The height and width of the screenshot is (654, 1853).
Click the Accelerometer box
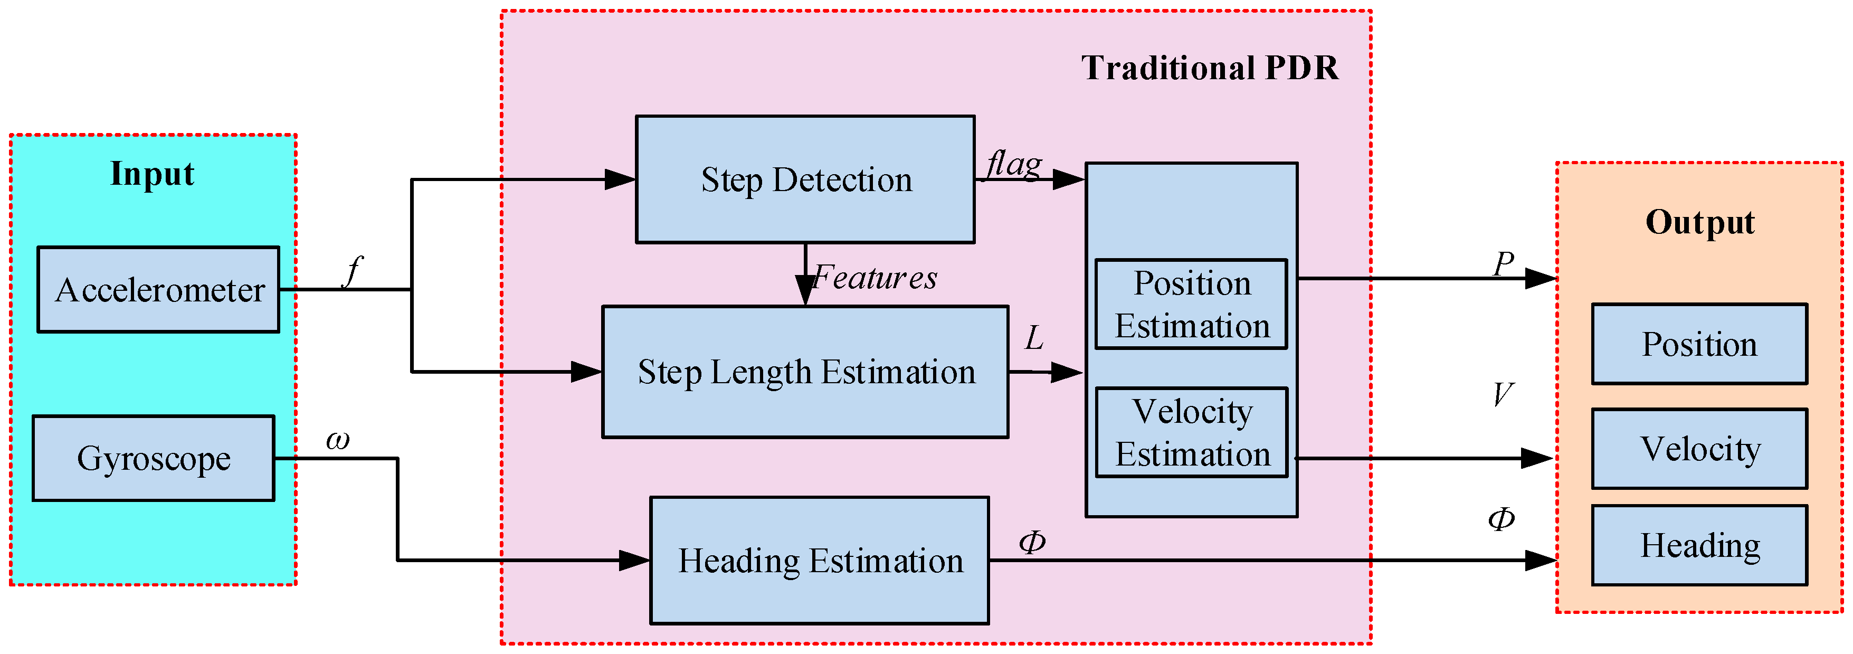(158, 289)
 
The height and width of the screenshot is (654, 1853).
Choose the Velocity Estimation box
(1191, 432)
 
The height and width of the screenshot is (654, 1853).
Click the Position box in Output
(1699, 344)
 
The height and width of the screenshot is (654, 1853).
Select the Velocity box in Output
(1699, 448)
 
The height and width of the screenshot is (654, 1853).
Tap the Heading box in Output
(1699, 545)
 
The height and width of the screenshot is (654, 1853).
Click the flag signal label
(1014, 164)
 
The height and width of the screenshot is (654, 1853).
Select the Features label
(875, 278)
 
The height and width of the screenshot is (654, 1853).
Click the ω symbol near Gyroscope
(337, 440)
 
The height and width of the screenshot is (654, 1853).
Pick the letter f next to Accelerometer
(353, 271)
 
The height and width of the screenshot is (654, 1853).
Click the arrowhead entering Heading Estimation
(634, 560)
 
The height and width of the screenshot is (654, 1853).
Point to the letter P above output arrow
(1503, 263)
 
